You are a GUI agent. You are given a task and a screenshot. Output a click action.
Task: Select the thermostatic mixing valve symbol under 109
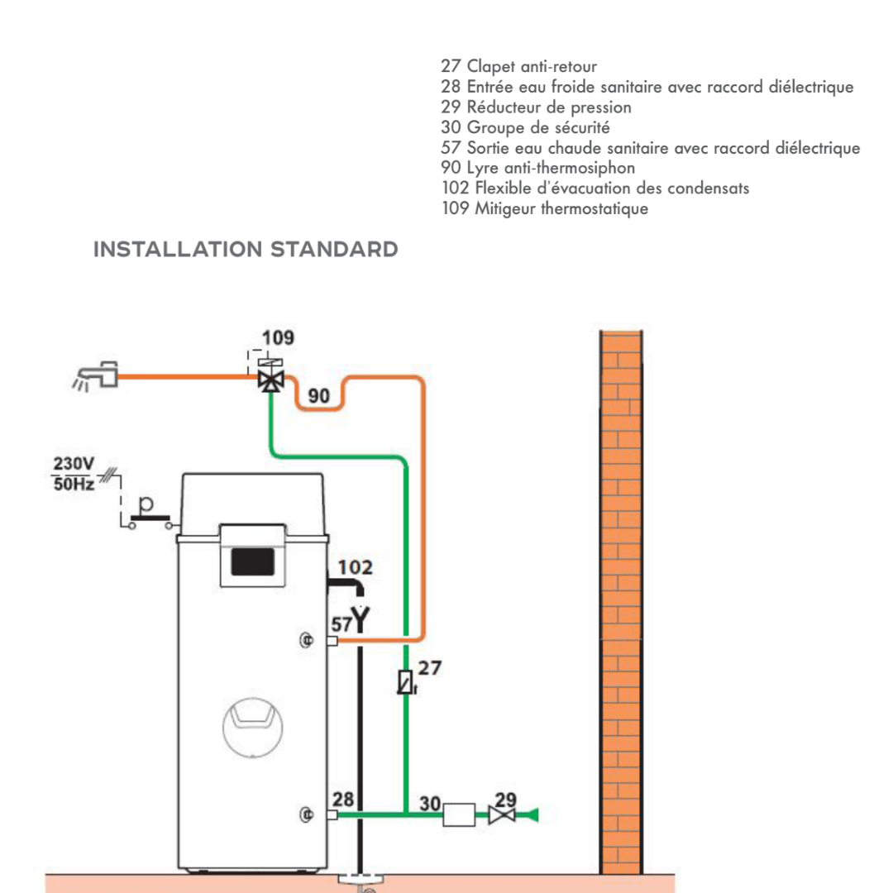267,380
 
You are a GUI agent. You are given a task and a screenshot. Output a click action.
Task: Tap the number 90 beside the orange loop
319,397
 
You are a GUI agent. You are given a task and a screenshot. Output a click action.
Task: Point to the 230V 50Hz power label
74,474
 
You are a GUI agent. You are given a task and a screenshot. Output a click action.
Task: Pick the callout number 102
355,568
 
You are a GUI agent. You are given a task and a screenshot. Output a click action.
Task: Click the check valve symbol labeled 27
405,682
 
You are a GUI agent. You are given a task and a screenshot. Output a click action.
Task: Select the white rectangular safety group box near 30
458,815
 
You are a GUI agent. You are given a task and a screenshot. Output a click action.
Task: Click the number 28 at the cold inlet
343,800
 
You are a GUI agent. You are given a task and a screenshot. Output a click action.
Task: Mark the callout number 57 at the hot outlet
341,623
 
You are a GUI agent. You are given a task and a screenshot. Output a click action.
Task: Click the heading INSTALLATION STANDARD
246,249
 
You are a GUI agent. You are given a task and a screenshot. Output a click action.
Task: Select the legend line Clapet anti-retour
518,66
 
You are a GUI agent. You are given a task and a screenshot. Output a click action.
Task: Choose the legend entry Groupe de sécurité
525,127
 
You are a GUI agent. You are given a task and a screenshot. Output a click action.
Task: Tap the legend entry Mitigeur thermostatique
545,208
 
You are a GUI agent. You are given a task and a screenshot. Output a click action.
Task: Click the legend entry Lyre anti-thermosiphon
538,168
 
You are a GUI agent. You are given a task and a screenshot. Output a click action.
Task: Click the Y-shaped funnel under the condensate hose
361,617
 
